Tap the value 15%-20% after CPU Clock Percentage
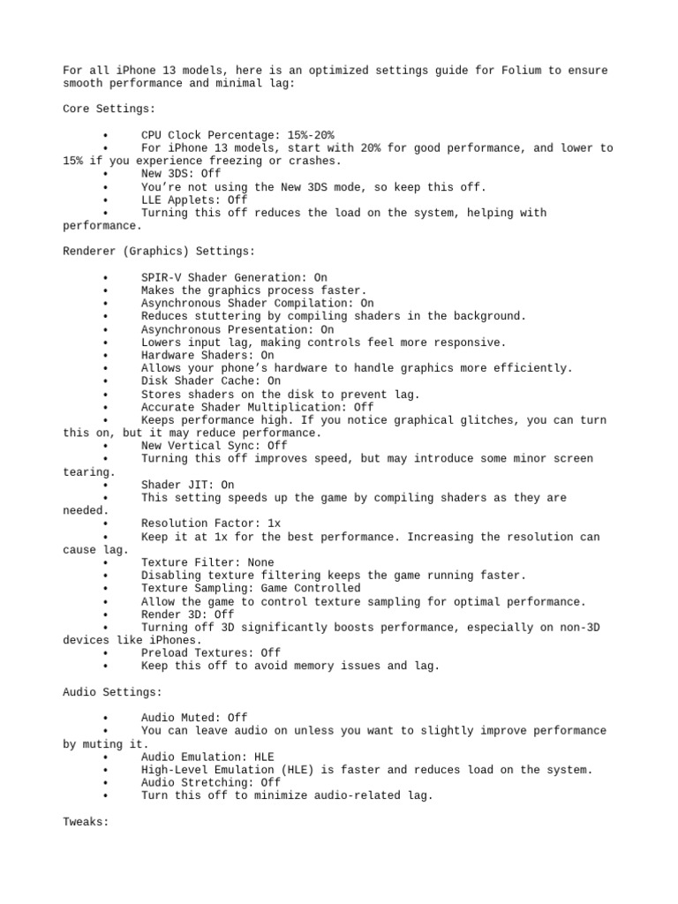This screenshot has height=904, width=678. (311, 135)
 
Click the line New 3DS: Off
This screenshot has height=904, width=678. (180, 174)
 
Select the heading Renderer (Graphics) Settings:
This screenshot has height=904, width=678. (158, 252)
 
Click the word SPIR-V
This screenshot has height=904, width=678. (161, 277)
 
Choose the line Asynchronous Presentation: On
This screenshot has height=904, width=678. (237, 329)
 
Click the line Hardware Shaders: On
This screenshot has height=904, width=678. (207, 355)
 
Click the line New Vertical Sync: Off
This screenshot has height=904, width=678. (213, 446)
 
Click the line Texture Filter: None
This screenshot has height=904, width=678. (207, 562)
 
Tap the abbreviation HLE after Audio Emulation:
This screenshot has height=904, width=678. (264, 757)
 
